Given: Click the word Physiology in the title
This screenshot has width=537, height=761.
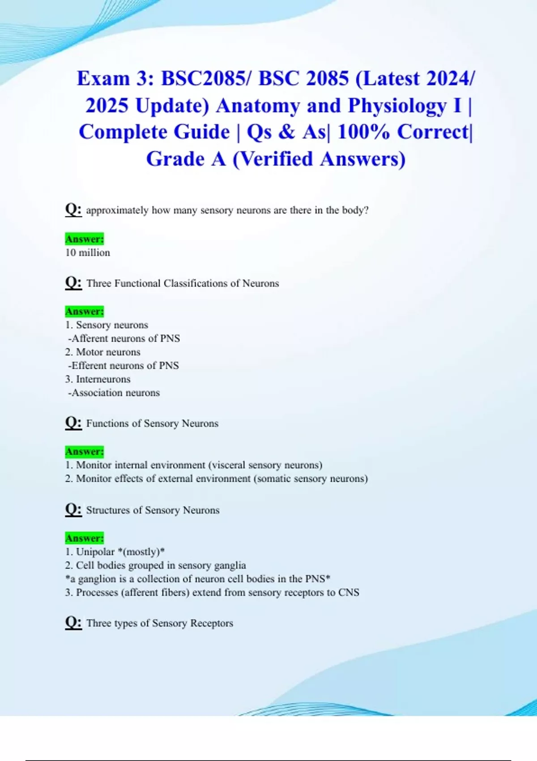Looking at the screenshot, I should pos(397,106).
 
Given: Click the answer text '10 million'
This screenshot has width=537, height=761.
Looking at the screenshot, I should pos(88,252).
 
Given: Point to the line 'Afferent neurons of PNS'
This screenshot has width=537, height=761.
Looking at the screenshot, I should pos(124,338).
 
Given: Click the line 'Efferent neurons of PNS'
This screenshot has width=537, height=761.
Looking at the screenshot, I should pos(124,366).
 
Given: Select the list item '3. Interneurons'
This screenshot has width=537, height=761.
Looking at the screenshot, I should pos(98,379).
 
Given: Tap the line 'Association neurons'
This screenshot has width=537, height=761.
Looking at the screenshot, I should pos(115,393).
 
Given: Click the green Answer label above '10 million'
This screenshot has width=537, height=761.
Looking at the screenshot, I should pos(85,239).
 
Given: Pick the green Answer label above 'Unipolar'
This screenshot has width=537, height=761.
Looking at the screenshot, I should pos(85,538).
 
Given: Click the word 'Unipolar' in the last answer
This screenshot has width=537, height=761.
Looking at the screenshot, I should pos(95,552).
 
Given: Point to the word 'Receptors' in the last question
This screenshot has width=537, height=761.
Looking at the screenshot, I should pos(212,623).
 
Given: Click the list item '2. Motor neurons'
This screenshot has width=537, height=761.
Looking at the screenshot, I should pos(103,352).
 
